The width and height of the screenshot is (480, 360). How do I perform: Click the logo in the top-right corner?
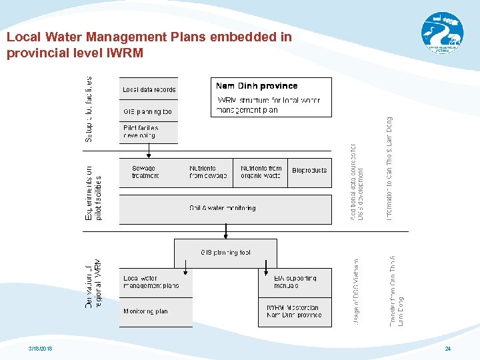point(441,31)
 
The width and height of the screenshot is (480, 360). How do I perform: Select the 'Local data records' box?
point(149,89)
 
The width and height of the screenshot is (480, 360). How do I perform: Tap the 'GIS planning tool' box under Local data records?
point(149,111)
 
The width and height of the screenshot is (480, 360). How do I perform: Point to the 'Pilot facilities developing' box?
point(149,132)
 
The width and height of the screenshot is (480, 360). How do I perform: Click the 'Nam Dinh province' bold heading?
point(257,86)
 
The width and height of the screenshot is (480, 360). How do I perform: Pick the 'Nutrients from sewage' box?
point(207,173)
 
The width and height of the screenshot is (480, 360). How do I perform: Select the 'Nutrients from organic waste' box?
point(261,173)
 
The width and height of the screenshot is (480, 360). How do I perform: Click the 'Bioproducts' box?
point(309,171)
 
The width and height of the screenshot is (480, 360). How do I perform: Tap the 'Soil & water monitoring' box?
point(225,209)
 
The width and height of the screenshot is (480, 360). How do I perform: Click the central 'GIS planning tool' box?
point(225,253)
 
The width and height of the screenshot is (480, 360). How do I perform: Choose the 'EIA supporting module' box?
point(295,282)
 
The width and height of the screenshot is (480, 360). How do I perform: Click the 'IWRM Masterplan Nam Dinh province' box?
point(295,311)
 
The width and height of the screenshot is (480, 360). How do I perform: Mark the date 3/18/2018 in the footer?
point(41,349)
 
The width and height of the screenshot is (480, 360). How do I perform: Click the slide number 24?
point(448,349)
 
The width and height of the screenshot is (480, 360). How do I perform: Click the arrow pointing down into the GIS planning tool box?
point(226,231)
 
